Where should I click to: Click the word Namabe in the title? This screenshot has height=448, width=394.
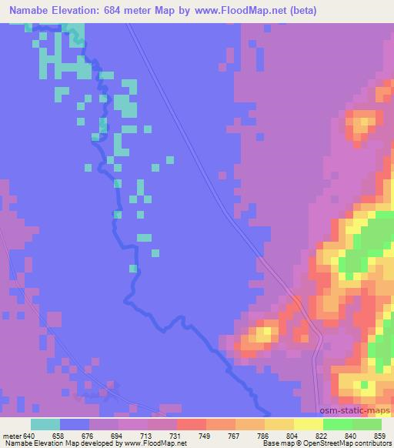(25, 11)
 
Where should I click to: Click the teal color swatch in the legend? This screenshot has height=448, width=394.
(45, 424)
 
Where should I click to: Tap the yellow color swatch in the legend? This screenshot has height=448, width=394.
(308, 424)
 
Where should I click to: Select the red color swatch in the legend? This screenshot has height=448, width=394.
(191, 424)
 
